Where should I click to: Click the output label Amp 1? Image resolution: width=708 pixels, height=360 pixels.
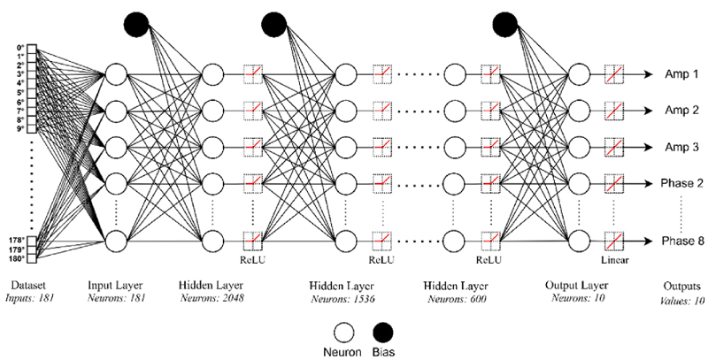[681, 74]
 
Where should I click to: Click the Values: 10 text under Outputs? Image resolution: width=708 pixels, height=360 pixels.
[682, 300]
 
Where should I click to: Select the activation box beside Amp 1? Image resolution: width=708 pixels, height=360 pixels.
[616, 74]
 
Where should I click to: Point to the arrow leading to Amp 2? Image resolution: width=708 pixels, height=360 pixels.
[643, 110]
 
